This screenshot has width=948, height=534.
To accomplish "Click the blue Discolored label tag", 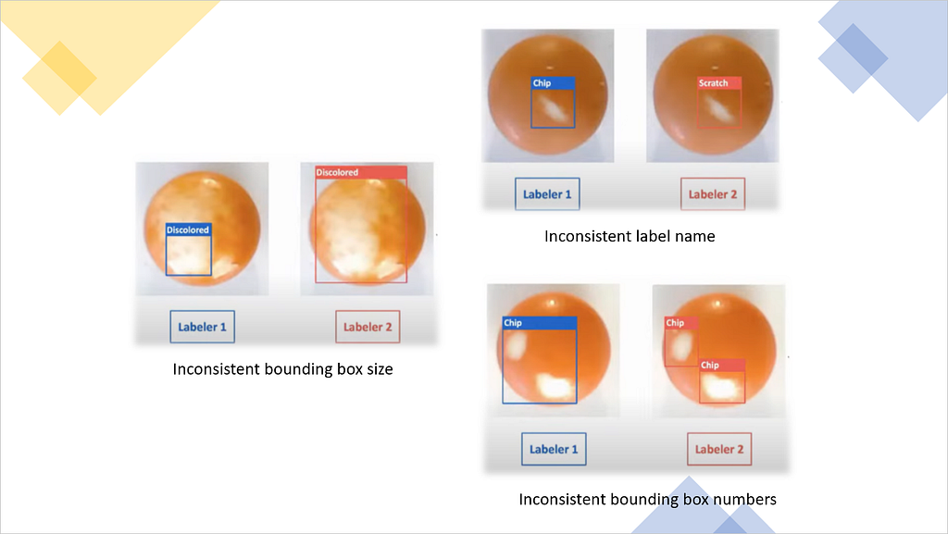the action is tap(189, 230).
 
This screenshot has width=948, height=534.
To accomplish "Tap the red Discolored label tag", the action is tap(361, 172).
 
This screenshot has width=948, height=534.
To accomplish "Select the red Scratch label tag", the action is tap(719, 83).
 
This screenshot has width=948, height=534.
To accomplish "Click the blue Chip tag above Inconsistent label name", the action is tap(554, 83).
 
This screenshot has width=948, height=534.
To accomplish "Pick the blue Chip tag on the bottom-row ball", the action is tap(540, 323).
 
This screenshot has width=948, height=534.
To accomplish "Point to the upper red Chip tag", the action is tap(681, 323).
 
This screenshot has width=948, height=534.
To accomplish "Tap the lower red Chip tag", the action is tap(722, 365).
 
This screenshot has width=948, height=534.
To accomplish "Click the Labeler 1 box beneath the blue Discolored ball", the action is tap(202, 327).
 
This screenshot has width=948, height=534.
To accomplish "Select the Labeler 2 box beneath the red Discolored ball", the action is tap(368, 327).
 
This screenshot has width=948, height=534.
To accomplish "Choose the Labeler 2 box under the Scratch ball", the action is tap(713, 194).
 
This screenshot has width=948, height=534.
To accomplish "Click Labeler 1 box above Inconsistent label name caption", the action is tap(547, 194).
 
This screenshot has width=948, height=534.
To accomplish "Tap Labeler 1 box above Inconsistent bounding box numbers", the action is tap(554, 449).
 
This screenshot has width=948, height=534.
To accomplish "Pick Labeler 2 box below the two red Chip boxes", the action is tap(719, 449).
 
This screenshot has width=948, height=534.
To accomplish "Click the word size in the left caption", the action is tap(379, 369).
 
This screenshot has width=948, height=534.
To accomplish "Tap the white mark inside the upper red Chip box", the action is tap(681, 345).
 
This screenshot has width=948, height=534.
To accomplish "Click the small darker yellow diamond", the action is tap(59, 78).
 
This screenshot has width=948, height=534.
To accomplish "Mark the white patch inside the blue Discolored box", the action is tap(189, 257).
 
